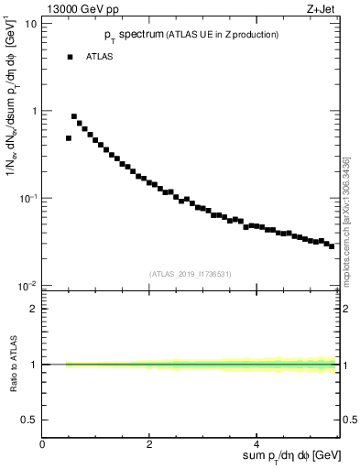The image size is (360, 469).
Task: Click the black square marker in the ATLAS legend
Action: point(69,57)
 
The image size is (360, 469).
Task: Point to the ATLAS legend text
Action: point(100,57)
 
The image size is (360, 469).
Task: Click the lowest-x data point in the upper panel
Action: point(69,138)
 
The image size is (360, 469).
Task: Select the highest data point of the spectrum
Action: point(74,116)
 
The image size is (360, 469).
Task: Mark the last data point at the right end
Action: point(332,246)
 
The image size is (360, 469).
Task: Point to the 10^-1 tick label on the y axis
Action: point(29,199)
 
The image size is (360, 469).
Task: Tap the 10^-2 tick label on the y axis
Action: point(29,287)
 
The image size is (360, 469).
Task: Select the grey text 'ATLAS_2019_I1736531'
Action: point(191,274)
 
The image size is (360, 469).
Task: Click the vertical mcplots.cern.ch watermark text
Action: point(348,220)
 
